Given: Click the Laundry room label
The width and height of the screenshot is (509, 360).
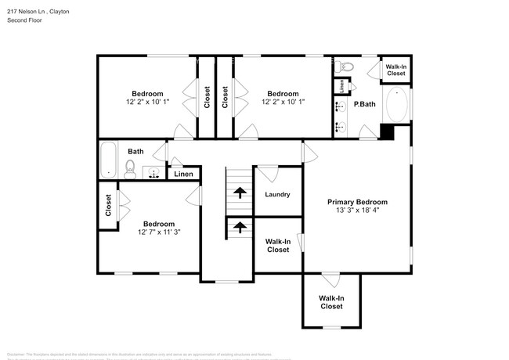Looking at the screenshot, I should tap(277, 195).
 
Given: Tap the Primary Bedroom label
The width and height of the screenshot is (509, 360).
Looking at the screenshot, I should tap(357, 202).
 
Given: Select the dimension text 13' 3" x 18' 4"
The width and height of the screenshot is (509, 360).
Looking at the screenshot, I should tap(357, 211).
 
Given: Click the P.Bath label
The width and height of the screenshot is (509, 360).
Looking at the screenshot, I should tap(363, 104).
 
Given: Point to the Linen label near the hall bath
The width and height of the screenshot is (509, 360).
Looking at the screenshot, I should tap(182, 174).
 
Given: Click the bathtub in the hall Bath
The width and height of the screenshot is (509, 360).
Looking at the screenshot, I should tap(108, 159).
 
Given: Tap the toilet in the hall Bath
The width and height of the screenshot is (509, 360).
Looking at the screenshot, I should tap(131, 167).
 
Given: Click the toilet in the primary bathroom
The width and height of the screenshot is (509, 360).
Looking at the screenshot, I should tap(348, 67).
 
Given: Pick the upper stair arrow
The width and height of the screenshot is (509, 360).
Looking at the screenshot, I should tap(238, 190).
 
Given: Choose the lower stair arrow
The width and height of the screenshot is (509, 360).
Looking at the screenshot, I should tap(238, 227).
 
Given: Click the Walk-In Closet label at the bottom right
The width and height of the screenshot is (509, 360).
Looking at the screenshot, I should tap(331, 302).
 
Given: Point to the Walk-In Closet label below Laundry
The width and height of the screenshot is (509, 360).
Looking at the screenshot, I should tap(278, 246).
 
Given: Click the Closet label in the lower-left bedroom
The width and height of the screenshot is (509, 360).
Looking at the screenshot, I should tap(108, 207).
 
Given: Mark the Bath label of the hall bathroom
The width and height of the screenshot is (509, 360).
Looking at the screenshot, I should tap(136, 152).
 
